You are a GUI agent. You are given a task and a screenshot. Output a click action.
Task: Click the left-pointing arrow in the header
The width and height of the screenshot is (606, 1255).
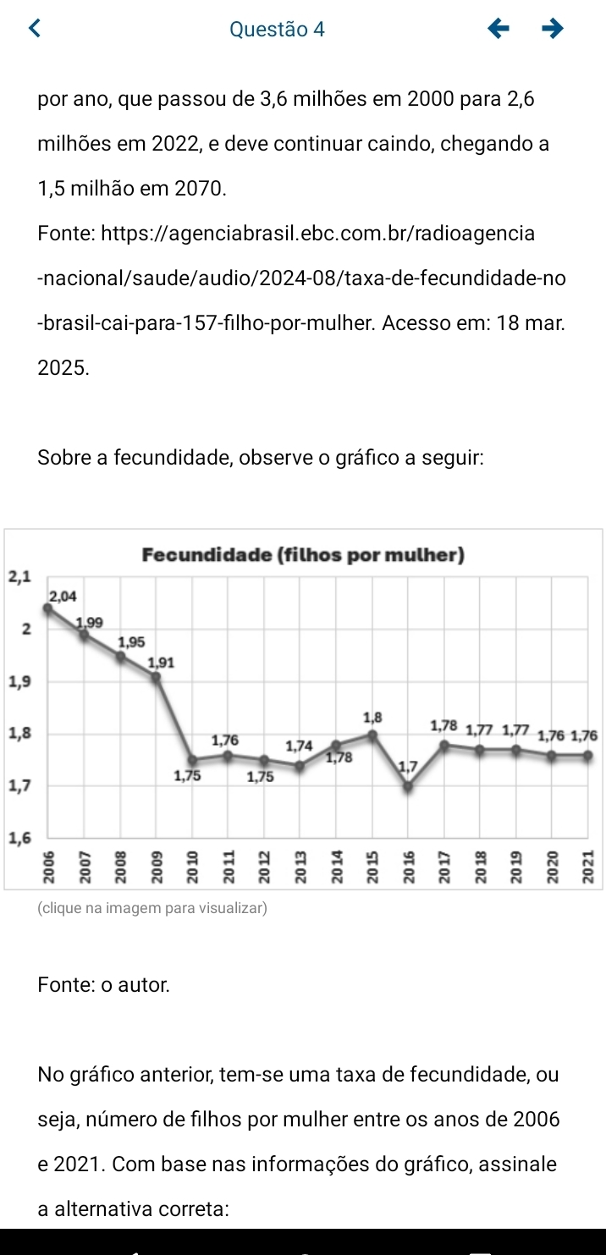(x=499, y=30)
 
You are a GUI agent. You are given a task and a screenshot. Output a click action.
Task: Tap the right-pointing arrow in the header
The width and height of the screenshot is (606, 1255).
(x=552, y=30)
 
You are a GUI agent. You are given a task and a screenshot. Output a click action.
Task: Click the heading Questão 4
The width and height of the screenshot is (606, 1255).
(x=277, y=30)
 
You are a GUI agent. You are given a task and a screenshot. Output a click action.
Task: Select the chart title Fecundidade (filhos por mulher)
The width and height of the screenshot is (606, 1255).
(x=304, y=555)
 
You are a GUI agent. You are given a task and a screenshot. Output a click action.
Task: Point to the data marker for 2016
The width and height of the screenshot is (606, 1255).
(x=408, y=786)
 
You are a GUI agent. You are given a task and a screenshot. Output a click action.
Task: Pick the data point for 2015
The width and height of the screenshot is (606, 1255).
(x=372, y=735)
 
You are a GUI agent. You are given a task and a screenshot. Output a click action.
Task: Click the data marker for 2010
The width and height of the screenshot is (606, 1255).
(x=192, y=760)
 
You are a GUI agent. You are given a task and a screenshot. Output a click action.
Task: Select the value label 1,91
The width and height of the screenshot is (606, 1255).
(x=161, y=663)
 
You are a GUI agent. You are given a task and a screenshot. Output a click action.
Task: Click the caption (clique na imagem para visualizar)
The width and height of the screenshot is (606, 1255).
(x=152, y=908)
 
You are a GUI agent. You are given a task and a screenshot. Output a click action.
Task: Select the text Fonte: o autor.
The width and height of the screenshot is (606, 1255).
(x=103, y=984)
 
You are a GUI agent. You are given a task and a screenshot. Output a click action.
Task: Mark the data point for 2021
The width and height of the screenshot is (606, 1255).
(x=587, y=756)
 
